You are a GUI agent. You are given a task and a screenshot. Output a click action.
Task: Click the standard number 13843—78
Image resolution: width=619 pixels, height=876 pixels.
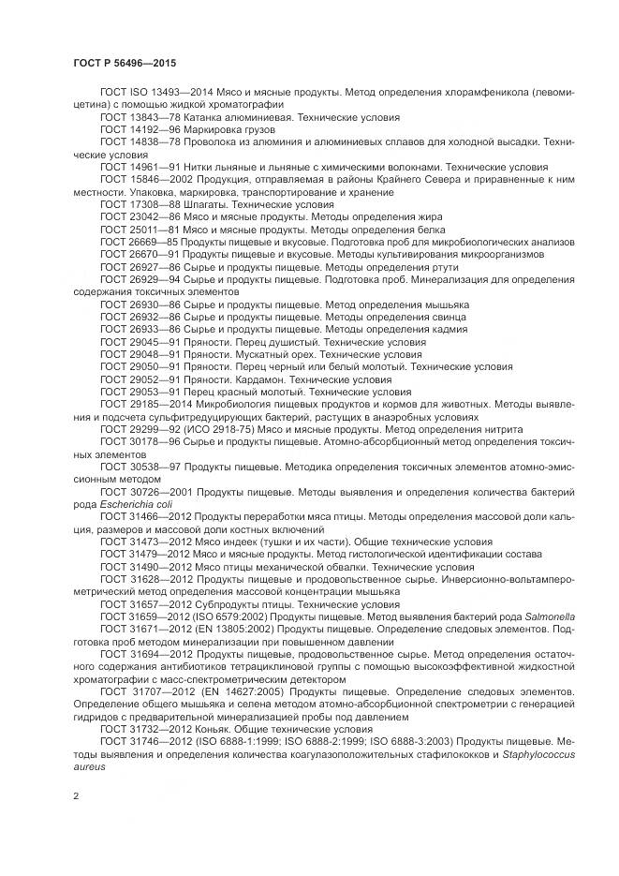[x=149, y=118]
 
